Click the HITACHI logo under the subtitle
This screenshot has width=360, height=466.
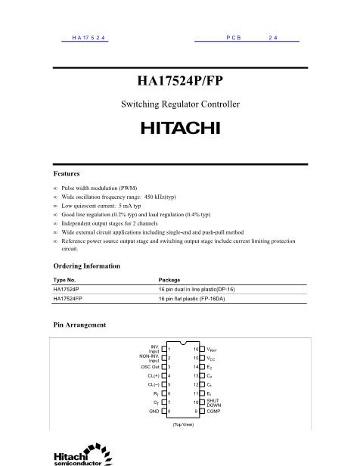coord(180,128)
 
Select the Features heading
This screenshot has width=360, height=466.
coord(67,173)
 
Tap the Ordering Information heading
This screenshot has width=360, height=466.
coord(86,266)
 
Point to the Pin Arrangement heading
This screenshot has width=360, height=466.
coord(79,325)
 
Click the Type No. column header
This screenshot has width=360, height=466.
coord(65,280)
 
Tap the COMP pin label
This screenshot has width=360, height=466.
coord(213,411)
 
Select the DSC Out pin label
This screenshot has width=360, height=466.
coord(151,366)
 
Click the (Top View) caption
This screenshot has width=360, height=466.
coord(180,424)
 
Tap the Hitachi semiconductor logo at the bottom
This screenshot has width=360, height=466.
coord(79,455)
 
